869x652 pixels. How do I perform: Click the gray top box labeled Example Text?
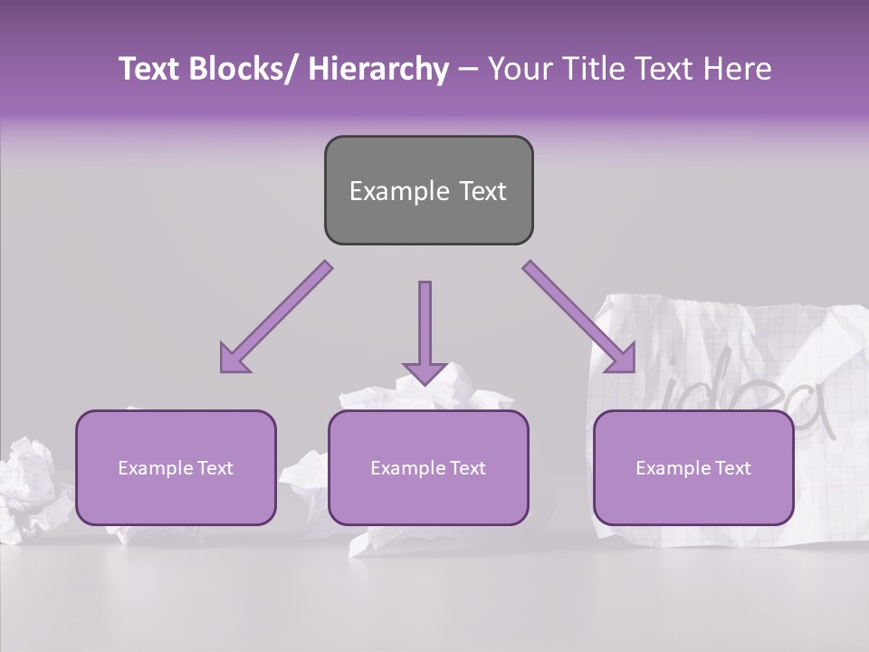428,190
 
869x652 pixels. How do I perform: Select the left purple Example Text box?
176,467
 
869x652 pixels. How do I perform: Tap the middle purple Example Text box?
428,467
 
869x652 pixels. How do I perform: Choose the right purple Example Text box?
693,467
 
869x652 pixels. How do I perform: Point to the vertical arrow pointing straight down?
425,326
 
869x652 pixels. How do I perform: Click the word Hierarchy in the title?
378,69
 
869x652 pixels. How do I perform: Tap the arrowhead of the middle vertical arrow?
425,371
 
